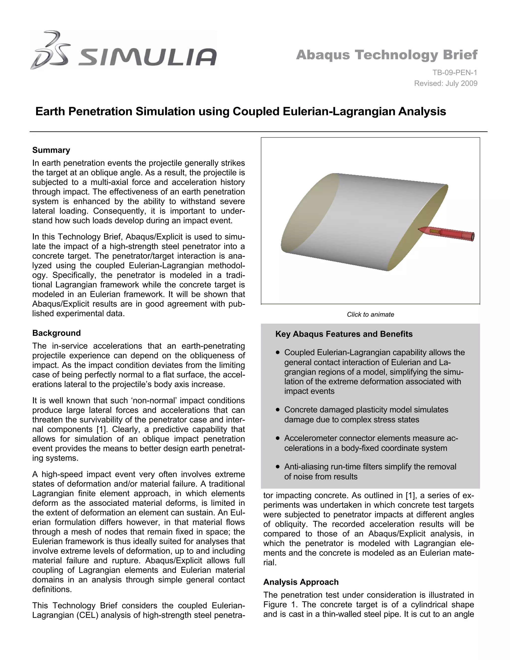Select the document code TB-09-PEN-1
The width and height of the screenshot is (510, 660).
(454, 72)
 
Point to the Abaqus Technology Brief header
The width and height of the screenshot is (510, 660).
(386, 55)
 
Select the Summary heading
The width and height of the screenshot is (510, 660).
(51, 150)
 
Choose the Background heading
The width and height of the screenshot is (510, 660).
(57, 333)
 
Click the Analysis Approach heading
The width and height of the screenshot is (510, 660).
(301, 582)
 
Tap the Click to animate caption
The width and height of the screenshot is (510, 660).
(370, 315)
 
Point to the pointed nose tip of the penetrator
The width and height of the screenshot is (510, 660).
(419, 230)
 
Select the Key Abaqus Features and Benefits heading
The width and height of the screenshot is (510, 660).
(344, 334)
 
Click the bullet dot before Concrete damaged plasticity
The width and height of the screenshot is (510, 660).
(278, 410)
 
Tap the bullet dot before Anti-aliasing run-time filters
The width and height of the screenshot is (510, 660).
(278, 467)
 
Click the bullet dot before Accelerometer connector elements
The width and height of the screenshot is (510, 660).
(278, 439)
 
